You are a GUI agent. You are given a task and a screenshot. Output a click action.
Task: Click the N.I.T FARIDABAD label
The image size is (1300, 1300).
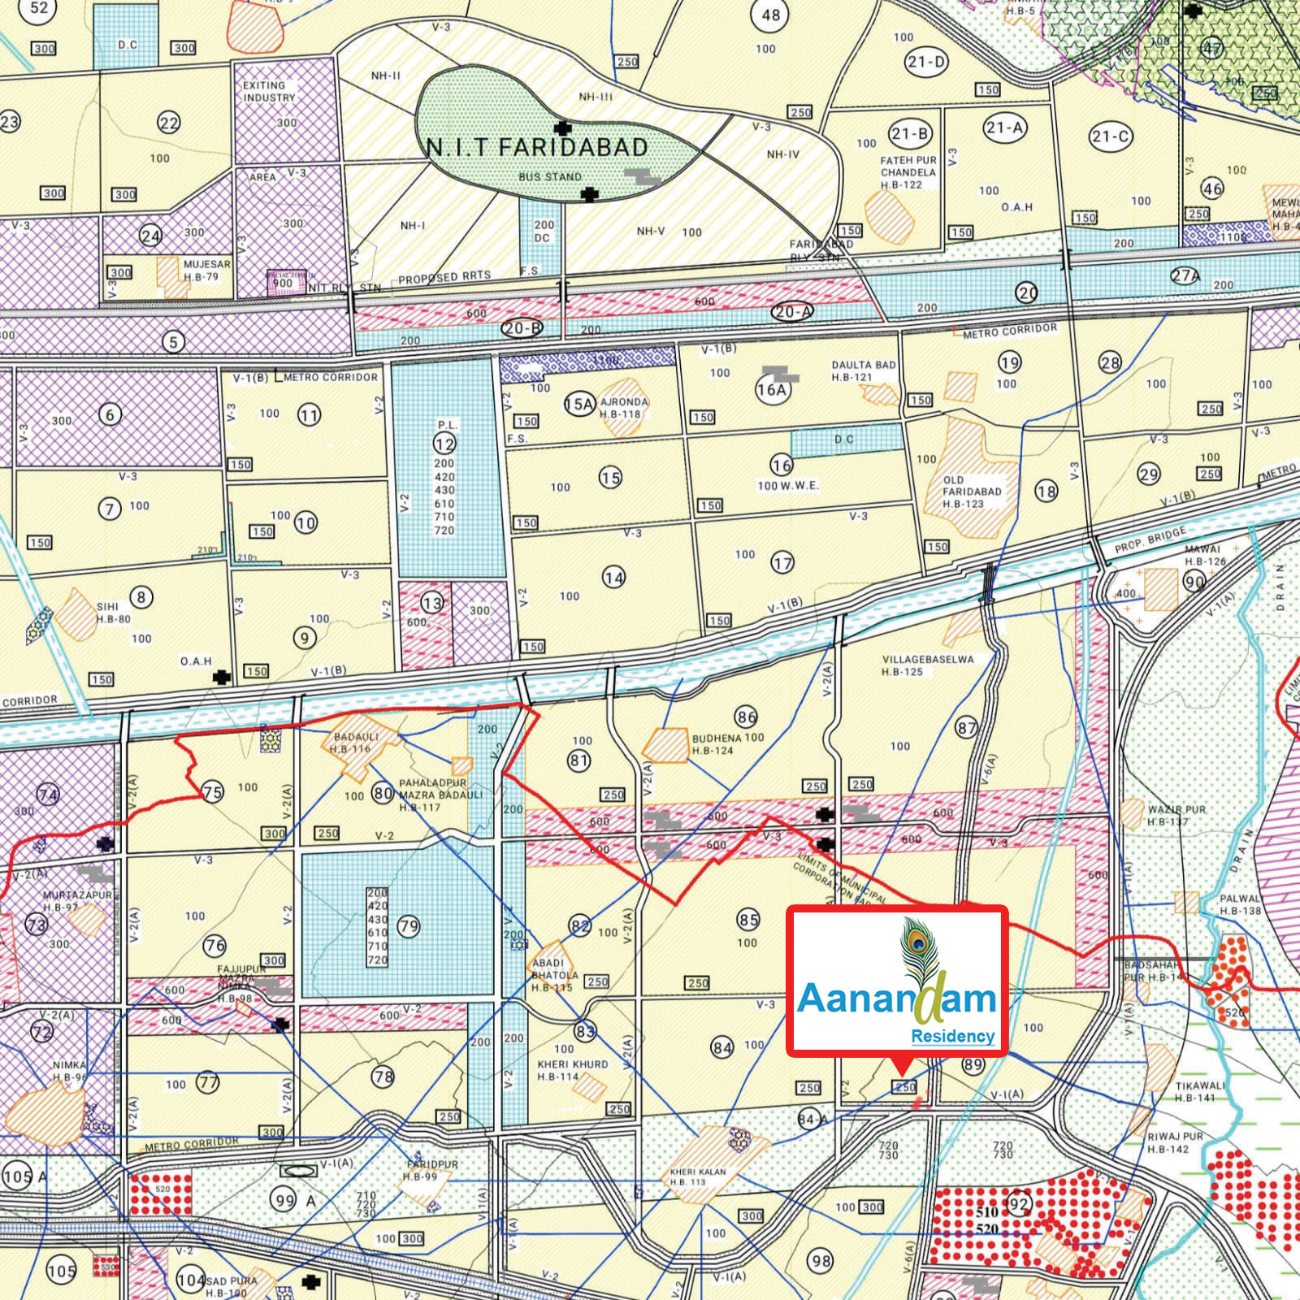(538, 147)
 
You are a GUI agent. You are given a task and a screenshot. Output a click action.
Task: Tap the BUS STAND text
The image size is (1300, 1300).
(550, 176)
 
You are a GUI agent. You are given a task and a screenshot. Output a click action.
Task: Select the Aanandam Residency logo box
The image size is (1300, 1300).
(897, 981)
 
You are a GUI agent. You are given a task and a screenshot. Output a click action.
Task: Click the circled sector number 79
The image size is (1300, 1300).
(409, 926)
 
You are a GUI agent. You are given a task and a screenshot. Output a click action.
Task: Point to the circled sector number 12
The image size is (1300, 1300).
(444, 444)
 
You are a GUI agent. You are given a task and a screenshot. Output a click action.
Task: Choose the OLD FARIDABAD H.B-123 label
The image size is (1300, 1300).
(972, 492)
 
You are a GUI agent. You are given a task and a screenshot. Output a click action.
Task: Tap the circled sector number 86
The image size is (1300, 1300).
(746, 717)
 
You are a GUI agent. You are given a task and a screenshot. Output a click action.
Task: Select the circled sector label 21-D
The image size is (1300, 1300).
(926, 62)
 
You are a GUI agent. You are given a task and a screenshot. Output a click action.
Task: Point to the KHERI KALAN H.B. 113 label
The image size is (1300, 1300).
(697, 1176)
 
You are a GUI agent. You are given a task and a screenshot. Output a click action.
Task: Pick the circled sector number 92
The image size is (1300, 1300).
(1018, 1203)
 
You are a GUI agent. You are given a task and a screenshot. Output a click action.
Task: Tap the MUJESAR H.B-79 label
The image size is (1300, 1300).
(206, 271)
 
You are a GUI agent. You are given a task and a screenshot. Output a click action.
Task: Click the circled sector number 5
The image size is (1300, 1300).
(172, 341)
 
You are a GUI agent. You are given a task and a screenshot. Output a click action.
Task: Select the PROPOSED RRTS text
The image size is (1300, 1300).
(444, 278)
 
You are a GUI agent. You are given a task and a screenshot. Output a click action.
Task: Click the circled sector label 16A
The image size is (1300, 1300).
(772, 389)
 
